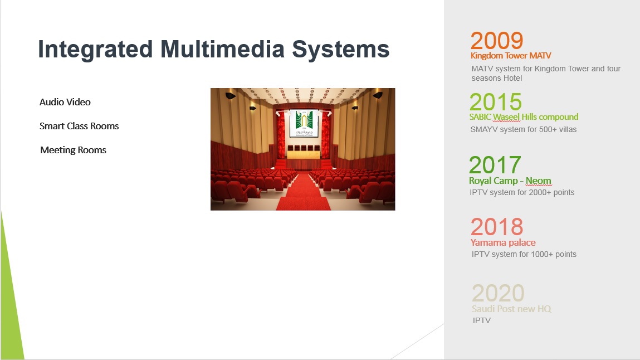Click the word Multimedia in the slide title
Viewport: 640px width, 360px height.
coord(223,49)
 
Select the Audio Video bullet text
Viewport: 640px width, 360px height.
coord(65,102)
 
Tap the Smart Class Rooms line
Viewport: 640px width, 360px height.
coord(79,126)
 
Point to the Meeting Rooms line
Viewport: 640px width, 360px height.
coord(73,150)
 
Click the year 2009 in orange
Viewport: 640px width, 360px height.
coord(497,41)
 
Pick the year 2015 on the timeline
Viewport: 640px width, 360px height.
coord(496,102)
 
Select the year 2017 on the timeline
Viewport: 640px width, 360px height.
coord(495,165)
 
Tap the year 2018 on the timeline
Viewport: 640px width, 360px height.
coord(497,227)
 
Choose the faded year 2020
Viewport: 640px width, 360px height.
coord(498,293)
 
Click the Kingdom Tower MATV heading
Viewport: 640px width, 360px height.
coord(511,56)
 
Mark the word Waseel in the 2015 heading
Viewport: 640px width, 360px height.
coord(506,117)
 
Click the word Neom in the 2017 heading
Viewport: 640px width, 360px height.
coord(539,181)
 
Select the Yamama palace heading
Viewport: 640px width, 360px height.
coord(503,242)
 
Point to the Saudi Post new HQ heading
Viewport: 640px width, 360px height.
coord(511,309)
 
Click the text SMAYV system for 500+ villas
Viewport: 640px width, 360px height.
coord(523,129)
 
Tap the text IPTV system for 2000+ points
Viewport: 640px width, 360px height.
coord(522,192)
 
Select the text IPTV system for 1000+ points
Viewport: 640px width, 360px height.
coord(524,254)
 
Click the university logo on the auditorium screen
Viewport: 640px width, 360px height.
coord(304,123)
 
